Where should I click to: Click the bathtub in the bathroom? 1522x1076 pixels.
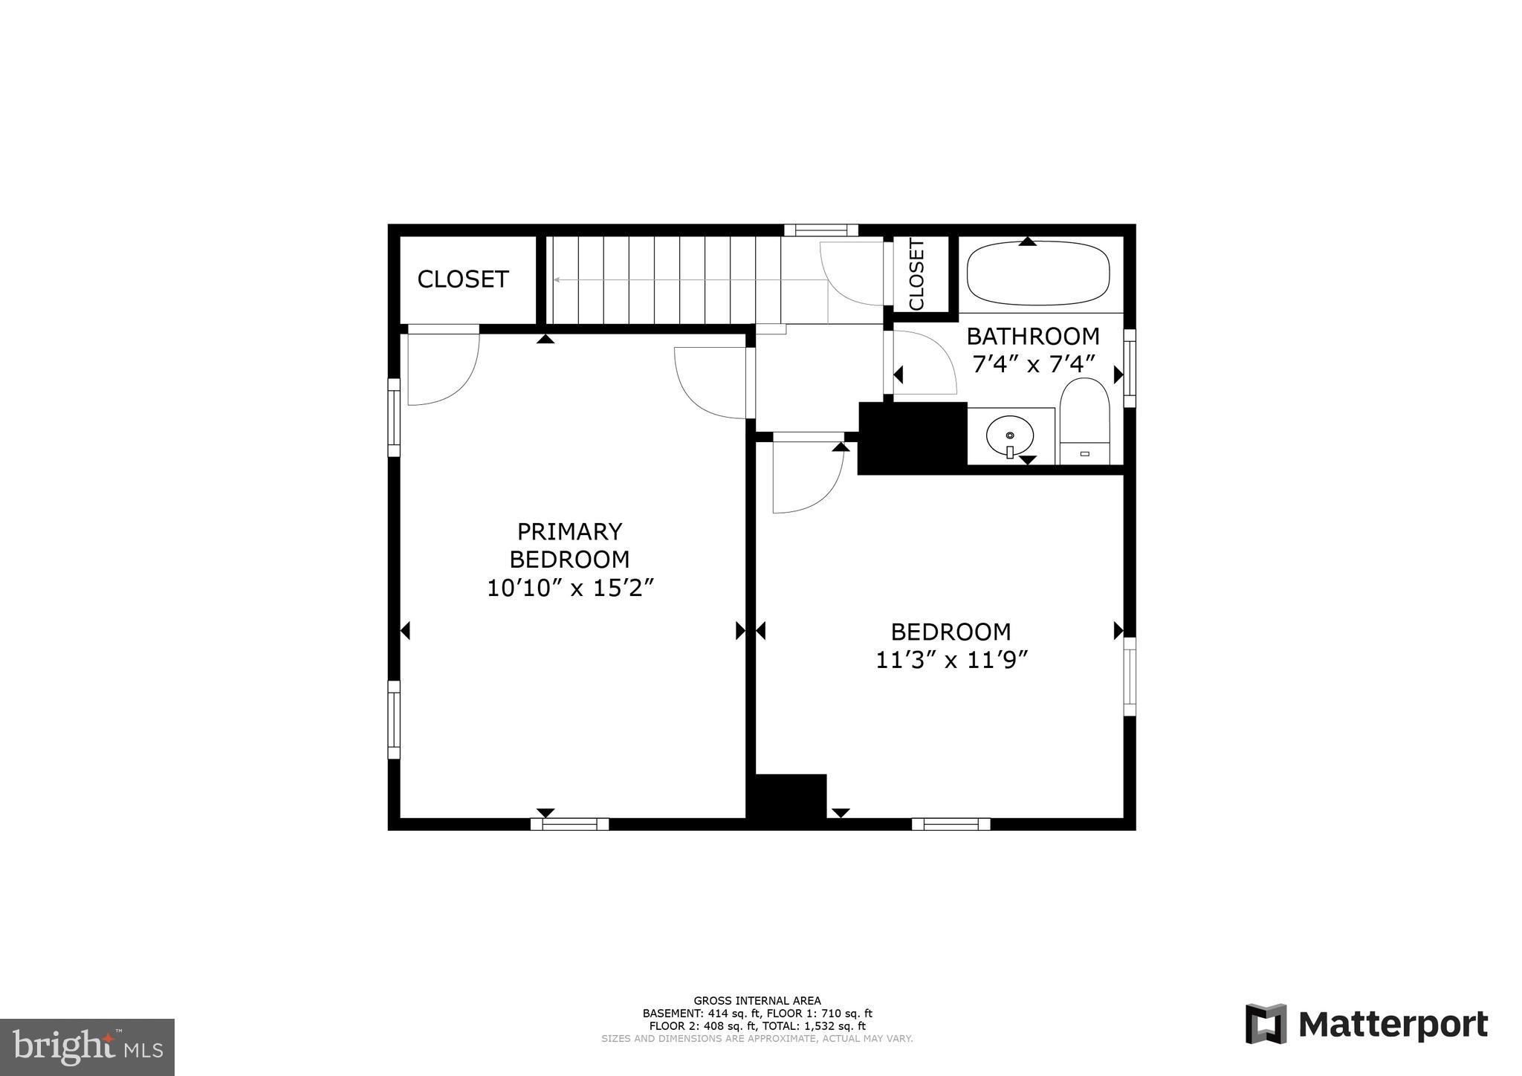pyautogui.click(x=1038, y=273)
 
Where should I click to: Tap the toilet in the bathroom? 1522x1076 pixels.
pyautogui.click(x=1084, y=420)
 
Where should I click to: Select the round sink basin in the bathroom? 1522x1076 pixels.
pyautogui.click(x=1009, y=434)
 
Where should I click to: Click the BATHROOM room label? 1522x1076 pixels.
pyautogui.click(x=1032, y=337)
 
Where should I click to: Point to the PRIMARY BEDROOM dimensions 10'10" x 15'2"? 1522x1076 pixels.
pyautogui.click(x=570, y=589)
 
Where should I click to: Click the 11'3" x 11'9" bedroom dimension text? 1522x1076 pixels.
pyautogui.click(x=951, y=660)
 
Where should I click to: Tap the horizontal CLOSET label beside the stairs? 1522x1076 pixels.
pyautogui.click(x=462, y=279)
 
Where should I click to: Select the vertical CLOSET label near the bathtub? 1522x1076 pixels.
pyautogui.click(x=916, y=274)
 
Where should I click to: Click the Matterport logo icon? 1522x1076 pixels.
pyautogui.click(x=1266, y=1024)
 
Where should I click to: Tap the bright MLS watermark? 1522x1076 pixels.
pyautogui.click(x=87, y=1048)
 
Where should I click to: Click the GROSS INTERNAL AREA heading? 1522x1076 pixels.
pyautogui.click(x=757, y=1001)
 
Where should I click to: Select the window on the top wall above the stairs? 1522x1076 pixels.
pyautogui.click(x=821, y=230)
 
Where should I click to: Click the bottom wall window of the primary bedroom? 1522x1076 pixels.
pyautogui.click(x=570, y=823)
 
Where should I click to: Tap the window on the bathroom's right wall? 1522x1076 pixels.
pyautogui.click(x=1130, y=368)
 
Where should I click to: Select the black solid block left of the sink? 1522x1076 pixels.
pyautogui.click(x=912, y=438)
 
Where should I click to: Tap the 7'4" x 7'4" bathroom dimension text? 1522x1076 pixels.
pyautogui.click(x=1034, y=365)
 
